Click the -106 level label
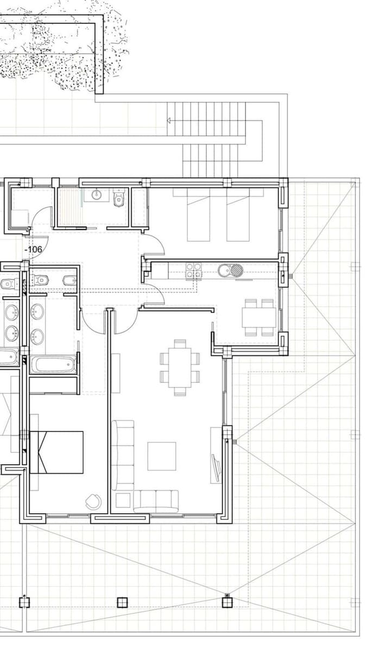(34, 249)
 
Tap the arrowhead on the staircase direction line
(169, 120)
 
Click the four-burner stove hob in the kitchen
(194, 271)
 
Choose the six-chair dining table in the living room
(180, 367)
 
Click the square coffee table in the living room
(162, 456)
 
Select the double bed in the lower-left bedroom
(56, 452)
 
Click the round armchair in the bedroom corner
(93, 501)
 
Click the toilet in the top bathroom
(119, 199)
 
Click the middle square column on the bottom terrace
(122, 602)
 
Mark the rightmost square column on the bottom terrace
(227, 601)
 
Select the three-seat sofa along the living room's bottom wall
(156, 500)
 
